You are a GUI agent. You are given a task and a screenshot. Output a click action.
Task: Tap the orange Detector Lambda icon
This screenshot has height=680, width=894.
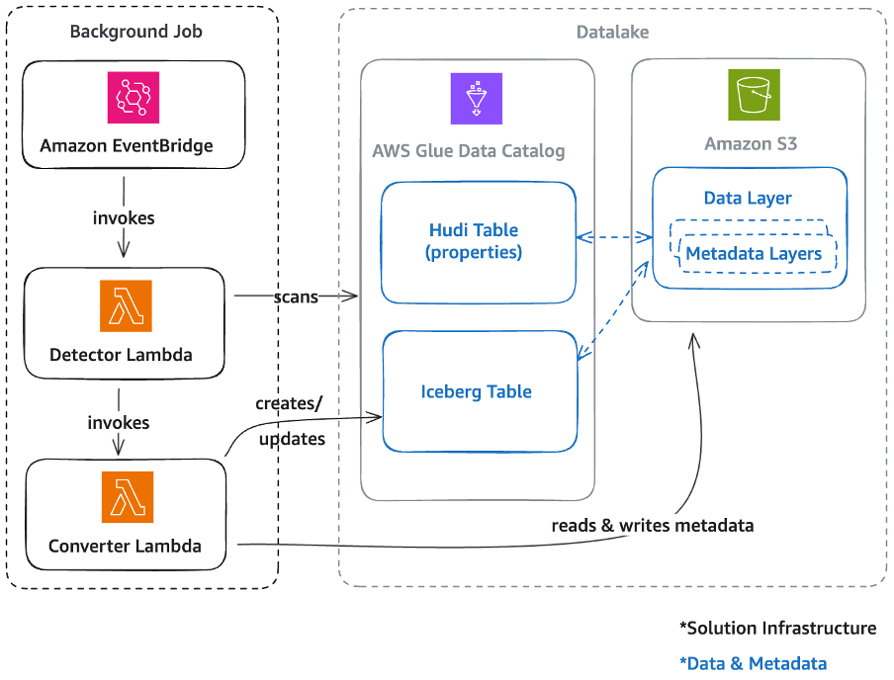coord(126,306)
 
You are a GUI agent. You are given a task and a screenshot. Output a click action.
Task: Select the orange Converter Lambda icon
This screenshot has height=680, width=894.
coord(127,497)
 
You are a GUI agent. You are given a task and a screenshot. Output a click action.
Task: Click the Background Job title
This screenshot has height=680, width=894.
coord(135,32)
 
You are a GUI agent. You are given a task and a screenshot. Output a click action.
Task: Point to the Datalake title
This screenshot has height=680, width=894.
coord(612,33)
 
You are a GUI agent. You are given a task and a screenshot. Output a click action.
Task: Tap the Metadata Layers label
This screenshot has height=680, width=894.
coord(754,254)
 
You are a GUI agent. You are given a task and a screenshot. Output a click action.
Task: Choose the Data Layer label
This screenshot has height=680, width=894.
coord(748,198)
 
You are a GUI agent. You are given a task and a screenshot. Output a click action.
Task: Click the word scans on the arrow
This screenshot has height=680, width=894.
coord(296,296)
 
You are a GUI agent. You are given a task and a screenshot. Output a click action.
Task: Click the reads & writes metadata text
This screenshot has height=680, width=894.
coord(652,525)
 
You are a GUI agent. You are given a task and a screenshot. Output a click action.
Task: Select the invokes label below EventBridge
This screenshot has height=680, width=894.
coord(123,217)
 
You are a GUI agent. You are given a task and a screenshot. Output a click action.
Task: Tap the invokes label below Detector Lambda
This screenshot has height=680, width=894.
coord(118,422)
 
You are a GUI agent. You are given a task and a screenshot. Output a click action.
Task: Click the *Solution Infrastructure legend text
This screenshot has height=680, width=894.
coord(777,628)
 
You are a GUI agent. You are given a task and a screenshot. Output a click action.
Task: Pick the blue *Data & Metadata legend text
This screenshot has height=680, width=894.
coord(753,663)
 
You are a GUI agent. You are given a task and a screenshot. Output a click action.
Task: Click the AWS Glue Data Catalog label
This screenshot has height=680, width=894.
coord(468,151)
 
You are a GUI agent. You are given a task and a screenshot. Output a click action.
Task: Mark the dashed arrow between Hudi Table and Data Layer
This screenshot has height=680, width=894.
coord(613,237)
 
